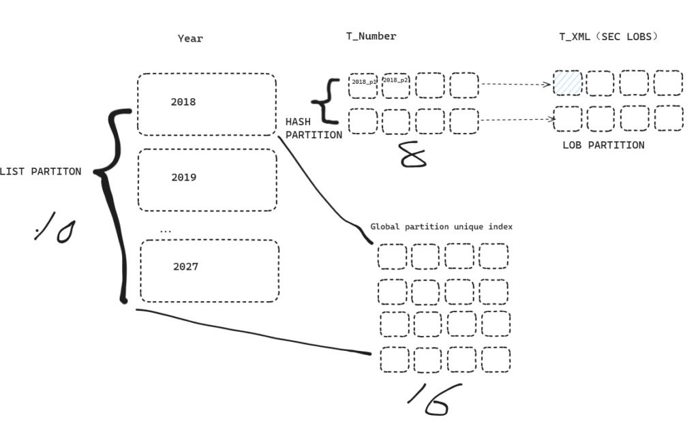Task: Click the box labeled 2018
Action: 207,104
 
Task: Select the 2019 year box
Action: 207,180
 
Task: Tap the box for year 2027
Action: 209,271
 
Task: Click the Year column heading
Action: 190,39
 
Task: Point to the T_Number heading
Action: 371,36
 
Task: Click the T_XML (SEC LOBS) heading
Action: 609,36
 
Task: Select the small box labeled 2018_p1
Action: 363,85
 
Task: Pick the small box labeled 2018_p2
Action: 395,85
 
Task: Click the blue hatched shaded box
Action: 568,83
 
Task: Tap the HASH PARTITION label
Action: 313,128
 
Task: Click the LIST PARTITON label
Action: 40,172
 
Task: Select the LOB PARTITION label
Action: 603,145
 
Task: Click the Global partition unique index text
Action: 441,226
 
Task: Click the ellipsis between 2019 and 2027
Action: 165,230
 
